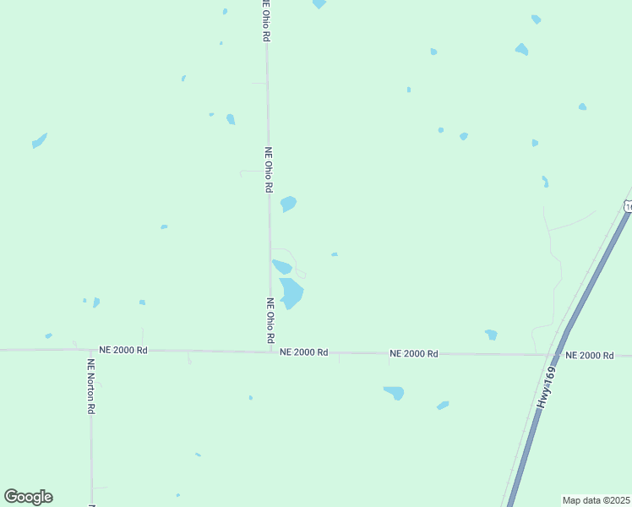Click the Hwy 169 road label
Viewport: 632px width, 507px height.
[547, 388]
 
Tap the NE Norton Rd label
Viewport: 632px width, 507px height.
[90, 385]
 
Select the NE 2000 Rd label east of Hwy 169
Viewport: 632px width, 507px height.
[589, 355]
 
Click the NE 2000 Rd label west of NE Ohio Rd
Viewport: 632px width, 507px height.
[123, 349]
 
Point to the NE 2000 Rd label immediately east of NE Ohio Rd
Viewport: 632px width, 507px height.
[303, 352]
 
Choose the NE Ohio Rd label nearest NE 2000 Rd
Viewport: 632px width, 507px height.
[270, 320]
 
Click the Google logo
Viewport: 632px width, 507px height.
[28, 497]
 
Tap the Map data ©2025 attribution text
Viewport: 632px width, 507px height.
[597, 500]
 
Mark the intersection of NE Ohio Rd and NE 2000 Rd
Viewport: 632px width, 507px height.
[270, 351]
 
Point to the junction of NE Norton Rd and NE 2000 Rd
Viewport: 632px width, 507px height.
[90, 349]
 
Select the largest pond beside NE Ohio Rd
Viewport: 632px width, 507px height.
[291, 292]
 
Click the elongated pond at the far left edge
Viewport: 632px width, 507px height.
[39, 140]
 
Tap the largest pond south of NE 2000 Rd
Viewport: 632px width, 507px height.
[395, 393]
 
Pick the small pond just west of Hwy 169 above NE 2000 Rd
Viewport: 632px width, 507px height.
[491, 335]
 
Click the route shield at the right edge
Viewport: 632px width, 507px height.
[628, 206]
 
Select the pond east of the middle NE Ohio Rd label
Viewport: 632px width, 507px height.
[288, 204]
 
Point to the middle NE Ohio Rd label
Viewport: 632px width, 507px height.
[269, 170]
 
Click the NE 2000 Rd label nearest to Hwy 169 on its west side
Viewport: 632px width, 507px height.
[413, 353]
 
